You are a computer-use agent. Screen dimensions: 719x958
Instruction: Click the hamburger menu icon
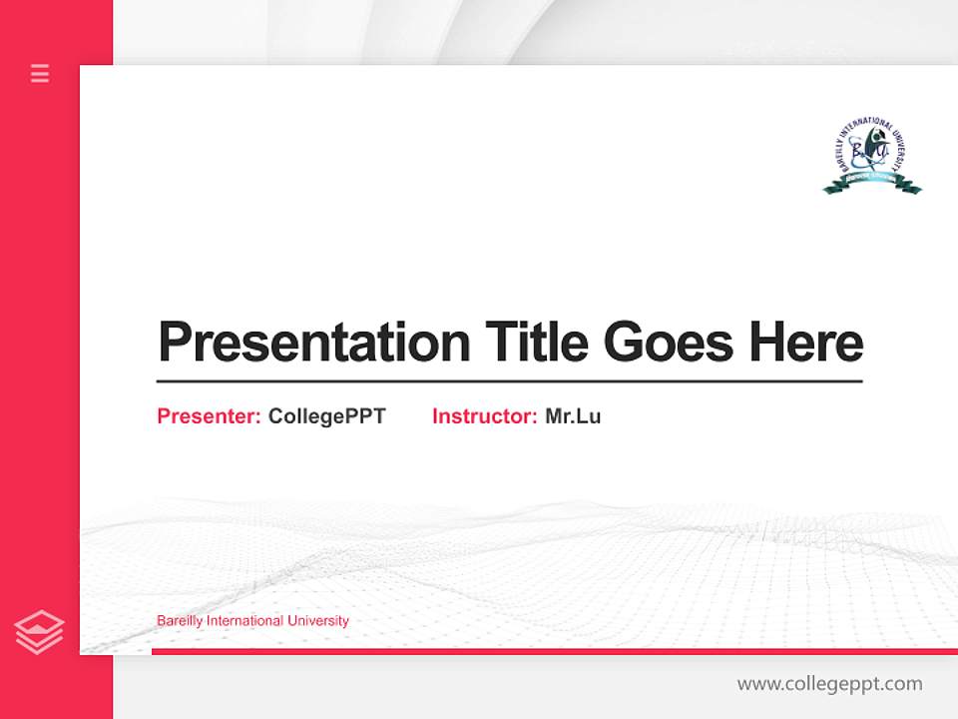pos(40,73)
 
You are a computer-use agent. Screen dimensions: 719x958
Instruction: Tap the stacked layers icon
pos(39,632)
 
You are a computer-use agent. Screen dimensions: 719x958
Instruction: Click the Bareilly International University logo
pos(871,155)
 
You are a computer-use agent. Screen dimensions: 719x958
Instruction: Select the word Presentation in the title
pos(313,343)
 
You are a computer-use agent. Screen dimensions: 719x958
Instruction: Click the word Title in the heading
pos(536,343)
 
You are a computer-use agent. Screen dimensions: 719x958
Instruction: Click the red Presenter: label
pos(210,416)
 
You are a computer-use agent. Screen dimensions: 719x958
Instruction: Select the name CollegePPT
pos(326,416)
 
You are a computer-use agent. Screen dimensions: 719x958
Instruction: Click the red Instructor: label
pos(484,416)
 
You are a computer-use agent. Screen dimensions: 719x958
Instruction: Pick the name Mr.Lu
pos(573,416)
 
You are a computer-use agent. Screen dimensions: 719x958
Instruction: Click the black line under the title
pos(509,381)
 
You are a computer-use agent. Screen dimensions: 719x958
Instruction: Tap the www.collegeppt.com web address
pos(829,684)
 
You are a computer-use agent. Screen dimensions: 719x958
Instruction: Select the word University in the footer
pos(318,621)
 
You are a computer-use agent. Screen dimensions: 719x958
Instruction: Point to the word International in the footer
pos(245,621)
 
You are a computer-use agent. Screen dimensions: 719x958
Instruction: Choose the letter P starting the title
pos(175,343)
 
